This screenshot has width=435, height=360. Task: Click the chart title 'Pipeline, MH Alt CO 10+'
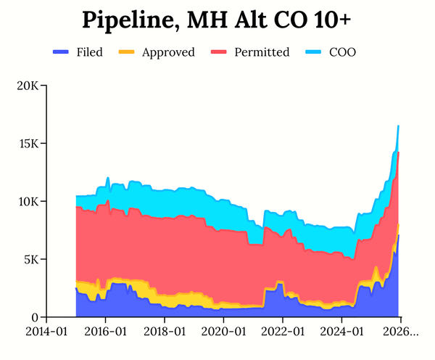coord(217,20)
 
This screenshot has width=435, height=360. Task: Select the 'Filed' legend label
coord(89,52)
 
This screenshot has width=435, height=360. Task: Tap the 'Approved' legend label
coord(168,52)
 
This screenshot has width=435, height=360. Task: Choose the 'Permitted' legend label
coord(262,52)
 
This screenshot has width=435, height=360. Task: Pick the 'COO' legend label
coord(342,52)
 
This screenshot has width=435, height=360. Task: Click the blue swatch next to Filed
coord(61,52)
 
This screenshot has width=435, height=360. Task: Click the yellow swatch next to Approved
coord(126,52)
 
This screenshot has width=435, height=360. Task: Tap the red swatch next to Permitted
coord(218,52)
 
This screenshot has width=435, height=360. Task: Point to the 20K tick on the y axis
coord(28,86)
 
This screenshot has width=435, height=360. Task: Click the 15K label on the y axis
coord(28,144)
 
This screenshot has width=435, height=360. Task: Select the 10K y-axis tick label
coord(28,202)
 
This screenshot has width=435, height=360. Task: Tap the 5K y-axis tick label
coord(30,260)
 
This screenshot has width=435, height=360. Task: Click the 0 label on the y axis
coord(35,318)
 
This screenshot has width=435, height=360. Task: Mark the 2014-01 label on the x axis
coord(46,332)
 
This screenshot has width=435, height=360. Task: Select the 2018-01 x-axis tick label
coord(165,332)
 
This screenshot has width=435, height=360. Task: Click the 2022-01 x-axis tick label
coord(283,332)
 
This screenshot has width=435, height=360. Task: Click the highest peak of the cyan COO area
coord(398,127)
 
